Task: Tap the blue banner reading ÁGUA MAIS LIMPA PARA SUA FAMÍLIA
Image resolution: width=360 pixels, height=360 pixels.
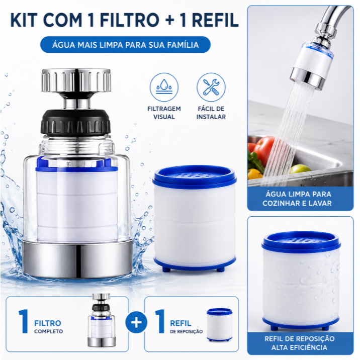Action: click(125, 45)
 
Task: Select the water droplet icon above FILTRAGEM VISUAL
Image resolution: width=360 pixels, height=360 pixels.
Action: click(164, 87)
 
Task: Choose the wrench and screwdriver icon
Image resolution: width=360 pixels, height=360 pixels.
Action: click(211, 87)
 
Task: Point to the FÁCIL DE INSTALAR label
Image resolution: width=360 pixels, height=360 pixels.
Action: click(211, 113)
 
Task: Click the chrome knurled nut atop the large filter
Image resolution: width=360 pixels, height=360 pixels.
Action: click(76, 80)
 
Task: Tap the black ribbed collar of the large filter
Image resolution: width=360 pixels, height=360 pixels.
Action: click(76, 123)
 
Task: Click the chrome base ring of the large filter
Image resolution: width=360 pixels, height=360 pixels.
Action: click(77, 258)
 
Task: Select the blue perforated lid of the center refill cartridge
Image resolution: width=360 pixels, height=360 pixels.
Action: click(194, 176)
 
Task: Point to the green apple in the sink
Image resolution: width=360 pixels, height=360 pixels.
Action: click(300, 169)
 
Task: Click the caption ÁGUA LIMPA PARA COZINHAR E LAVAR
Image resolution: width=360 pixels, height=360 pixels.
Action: click(298, 199)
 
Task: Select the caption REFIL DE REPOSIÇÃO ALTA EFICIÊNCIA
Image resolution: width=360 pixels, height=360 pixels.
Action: click(300, 343)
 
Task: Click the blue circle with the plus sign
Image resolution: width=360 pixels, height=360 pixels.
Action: click(136, 322)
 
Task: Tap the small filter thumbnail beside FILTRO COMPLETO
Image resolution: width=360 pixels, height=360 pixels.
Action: click(101, 320)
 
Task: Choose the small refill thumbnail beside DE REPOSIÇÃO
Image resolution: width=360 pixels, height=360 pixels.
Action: click(220, 324)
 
